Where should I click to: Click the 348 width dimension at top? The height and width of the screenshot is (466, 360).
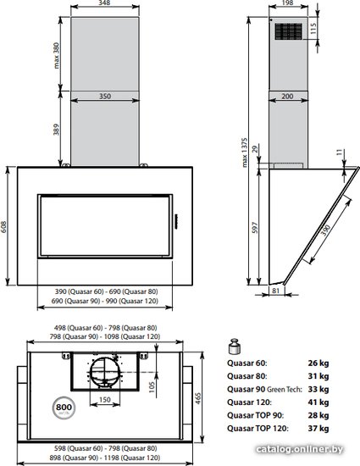104,3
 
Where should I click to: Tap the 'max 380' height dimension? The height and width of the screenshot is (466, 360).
57,56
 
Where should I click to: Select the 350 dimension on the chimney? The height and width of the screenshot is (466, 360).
105,97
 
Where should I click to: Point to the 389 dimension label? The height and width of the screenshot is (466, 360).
57,130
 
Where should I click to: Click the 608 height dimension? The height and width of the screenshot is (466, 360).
3,226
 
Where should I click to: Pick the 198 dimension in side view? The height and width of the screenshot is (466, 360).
287,3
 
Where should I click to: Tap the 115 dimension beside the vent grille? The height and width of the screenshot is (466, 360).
313,28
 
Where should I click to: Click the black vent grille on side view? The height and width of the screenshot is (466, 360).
288,31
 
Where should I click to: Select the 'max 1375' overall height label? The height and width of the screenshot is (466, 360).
244,153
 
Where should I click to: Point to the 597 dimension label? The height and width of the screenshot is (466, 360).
256,228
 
